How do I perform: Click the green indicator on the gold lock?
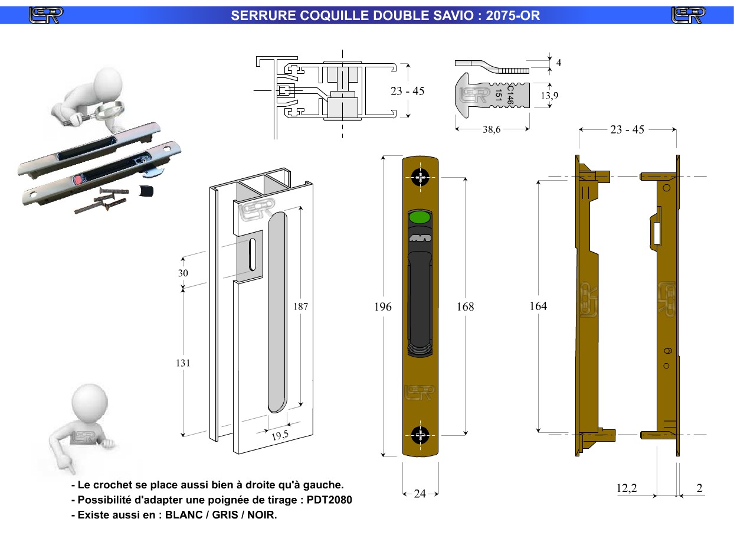click(x=420, y=217)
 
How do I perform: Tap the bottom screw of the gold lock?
click(x=421, y=436)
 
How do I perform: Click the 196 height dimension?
click(x=383, y=306)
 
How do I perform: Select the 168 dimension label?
click(x=465, y=306)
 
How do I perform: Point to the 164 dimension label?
click(x=538, y=306)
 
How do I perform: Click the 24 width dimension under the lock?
click(x=420, y=494)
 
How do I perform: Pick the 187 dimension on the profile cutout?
click(x=300, y=306)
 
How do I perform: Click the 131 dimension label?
click(x=183, y=363)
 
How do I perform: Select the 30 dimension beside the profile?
click(x=183, y=273)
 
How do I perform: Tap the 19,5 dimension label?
click(x=280, y=436)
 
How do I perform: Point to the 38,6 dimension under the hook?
click(x=491, y=130)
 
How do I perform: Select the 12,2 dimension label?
click(x=627, y=489)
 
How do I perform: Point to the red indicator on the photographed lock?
click(x=78, y=179)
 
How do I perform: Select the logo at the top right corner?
click(x=689, y=15)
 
